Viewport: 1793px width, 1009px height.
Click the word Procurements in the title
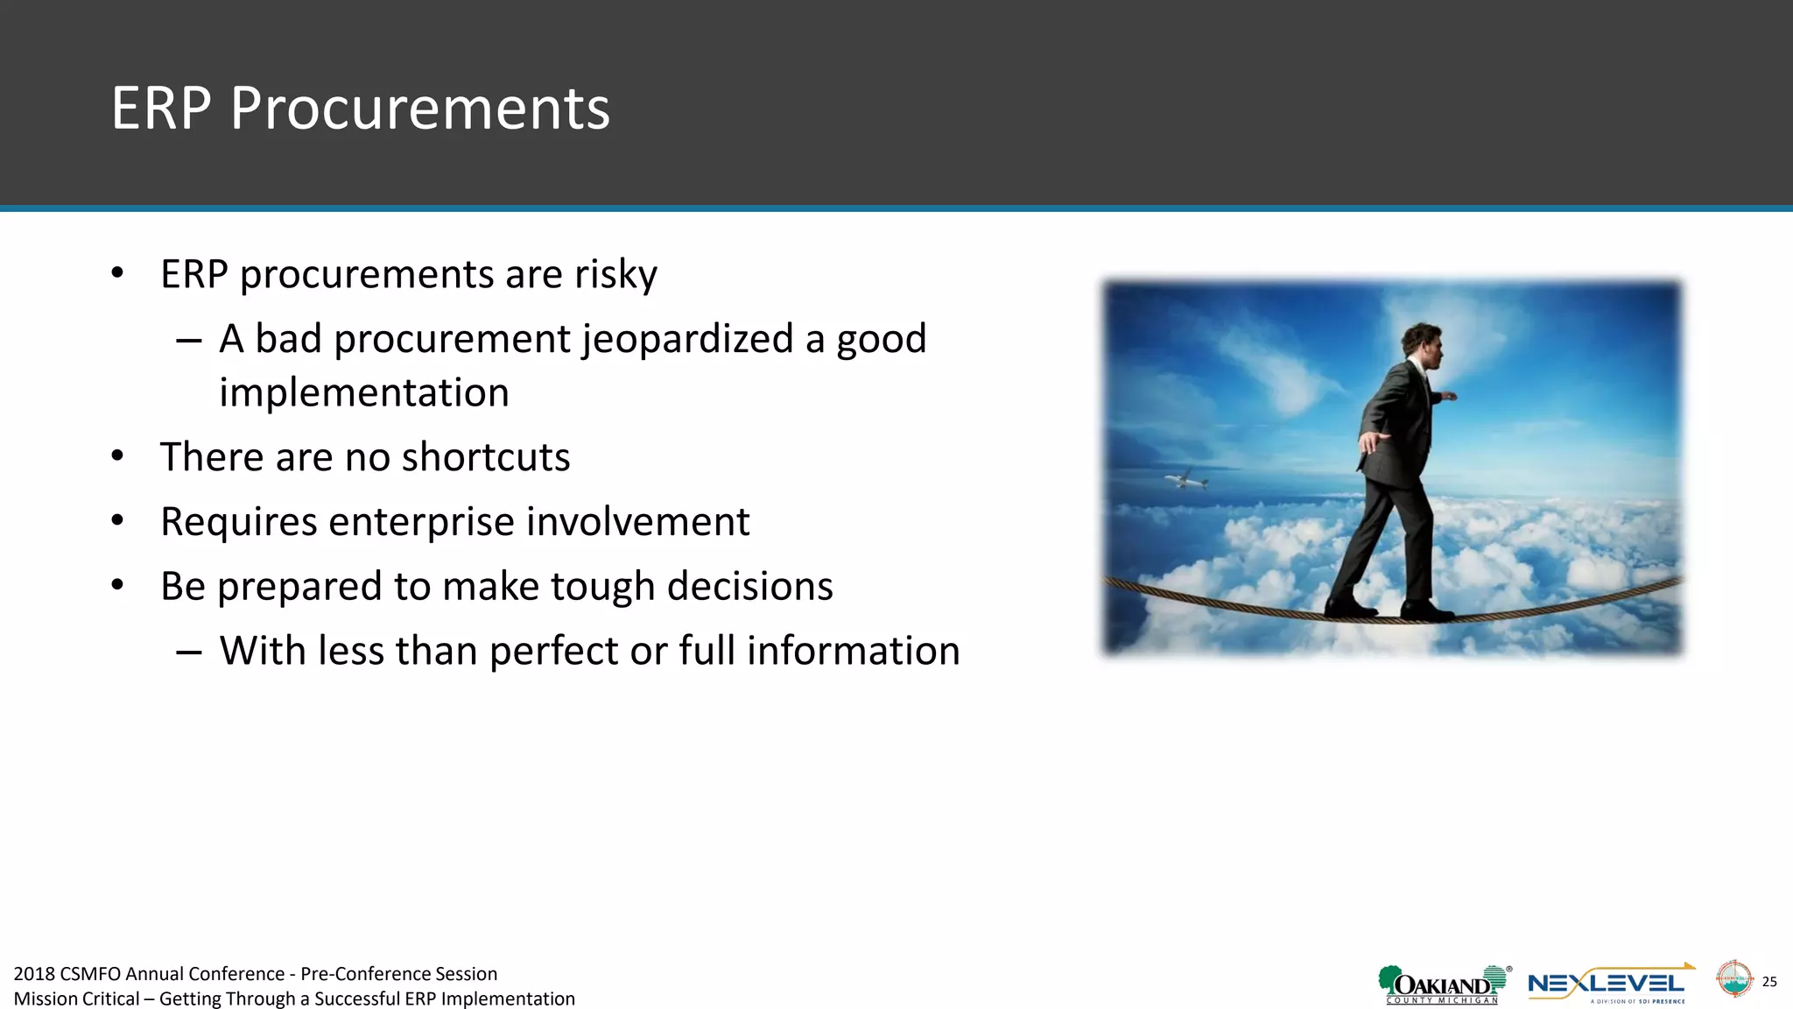[419, 109]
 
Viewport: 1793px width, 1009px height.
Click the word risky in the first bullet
[615, 275]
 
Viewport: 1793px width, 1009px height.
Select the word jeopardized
[687, 339]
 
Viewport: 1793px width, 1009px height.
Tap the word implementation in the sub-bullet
[363, 392]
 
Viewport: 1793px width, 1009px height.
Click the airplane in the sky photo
[1185, 479]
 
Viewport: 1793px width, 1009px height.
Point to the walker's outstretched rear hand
[1374, 440]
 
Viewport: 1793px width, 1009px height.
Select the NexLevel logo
[1609, 985]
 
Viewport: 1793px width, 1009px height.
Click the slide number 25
[1769, 982]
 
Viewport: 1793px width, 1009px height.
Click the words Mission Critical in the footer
[76, 999]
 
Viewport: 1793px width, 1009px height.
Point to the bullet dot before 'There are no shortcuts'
[118, 457]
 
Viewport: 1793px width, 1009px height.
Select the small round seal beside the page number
[1733, 979]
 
